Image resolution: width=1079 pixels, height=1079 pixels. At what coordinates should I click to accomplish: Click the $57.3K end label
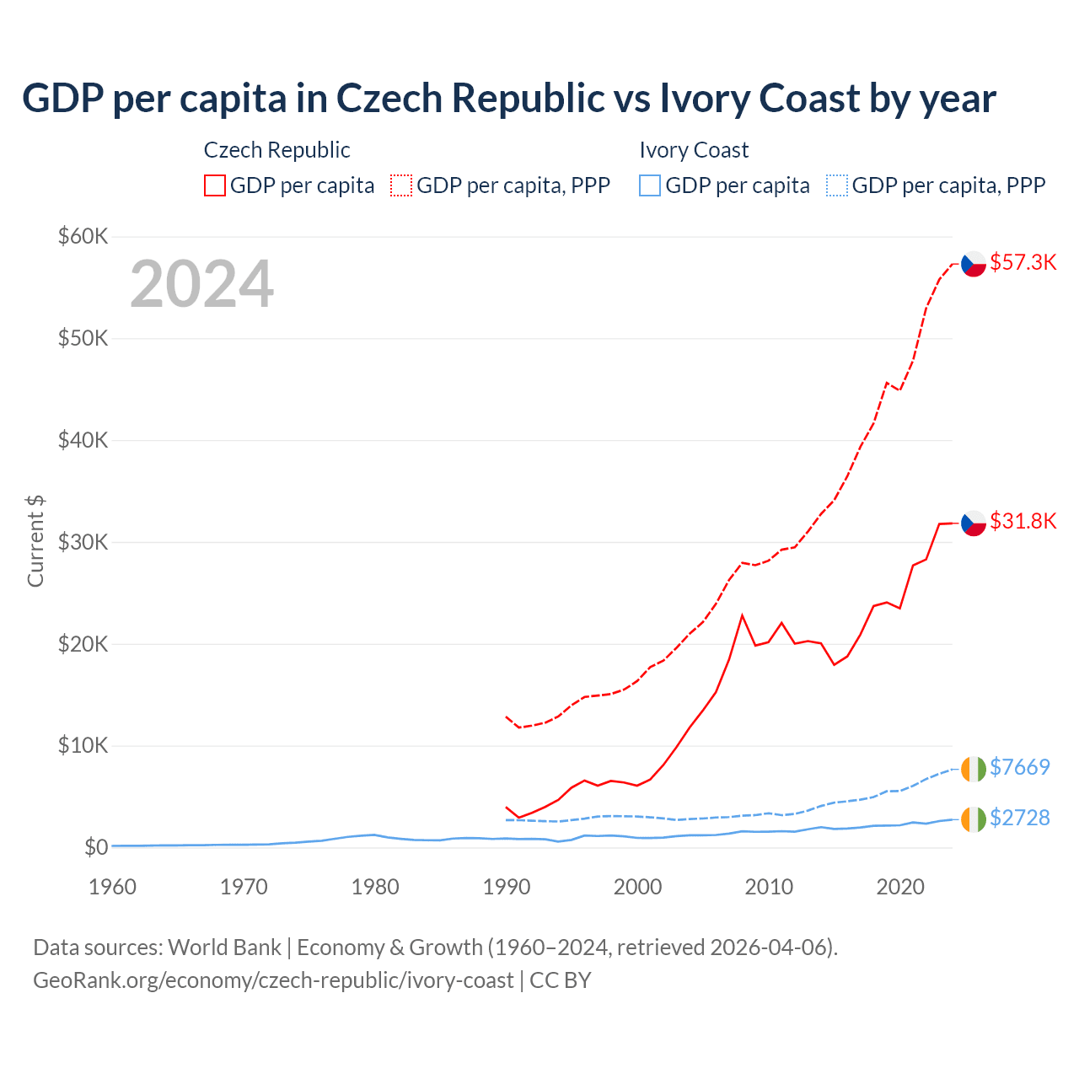1023,262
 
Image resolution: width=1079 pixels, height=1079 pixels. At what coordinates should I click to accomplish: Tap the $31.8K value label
1023,521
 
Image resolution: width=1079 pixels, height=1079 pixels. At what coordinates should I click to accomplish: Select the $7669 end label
1019,767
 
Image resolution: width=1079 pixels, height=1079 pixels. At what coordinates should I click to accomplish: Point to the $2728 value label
1019,818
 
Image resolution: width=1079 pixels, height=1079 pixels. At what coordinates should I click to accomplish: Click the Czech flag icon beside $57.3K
974,264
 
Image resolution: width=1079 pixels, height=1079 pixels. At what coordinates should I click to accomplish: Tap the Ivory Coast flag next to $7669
974,769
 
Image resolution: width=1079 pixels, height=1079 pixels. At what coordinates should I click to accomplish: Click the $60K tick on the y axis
83,236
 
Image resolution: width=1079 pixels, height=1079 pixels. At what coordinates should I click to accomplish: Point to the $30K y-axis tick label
83,542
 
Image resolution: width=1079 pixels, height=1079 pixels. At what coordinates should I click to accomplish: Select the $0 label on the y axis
96,847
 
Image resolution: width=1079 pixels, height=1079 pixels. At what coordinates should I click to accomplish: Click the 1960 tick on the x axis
112,887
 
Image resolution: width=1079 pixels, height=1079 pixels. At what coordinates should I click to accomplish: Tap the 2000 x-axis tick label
638,887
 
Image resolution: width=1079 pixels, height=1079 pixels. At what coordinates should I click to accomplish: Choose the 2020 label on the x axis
900,887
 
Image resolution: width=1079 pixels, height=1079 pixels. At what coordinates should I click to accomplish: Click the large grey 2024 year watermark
201,284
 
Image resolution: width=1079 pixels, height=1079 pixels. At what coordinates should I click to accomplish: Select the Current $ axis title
35,541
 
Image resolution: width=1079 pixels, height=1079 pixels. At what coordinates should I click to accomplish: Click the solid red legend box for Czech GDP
215,185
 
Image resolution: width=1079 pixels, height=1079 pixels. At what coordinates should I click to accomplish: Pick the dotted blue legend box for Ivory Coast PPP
837,185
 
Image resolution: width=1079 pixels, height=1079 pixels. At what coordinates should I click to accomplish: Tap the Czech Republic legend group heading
276,150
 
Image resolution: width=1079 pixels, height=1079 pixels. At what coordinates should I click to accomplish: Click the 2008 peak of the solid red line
742,615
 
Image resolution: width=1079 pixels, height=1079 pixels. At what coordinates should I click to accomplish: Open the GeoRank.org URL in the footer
273,980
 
